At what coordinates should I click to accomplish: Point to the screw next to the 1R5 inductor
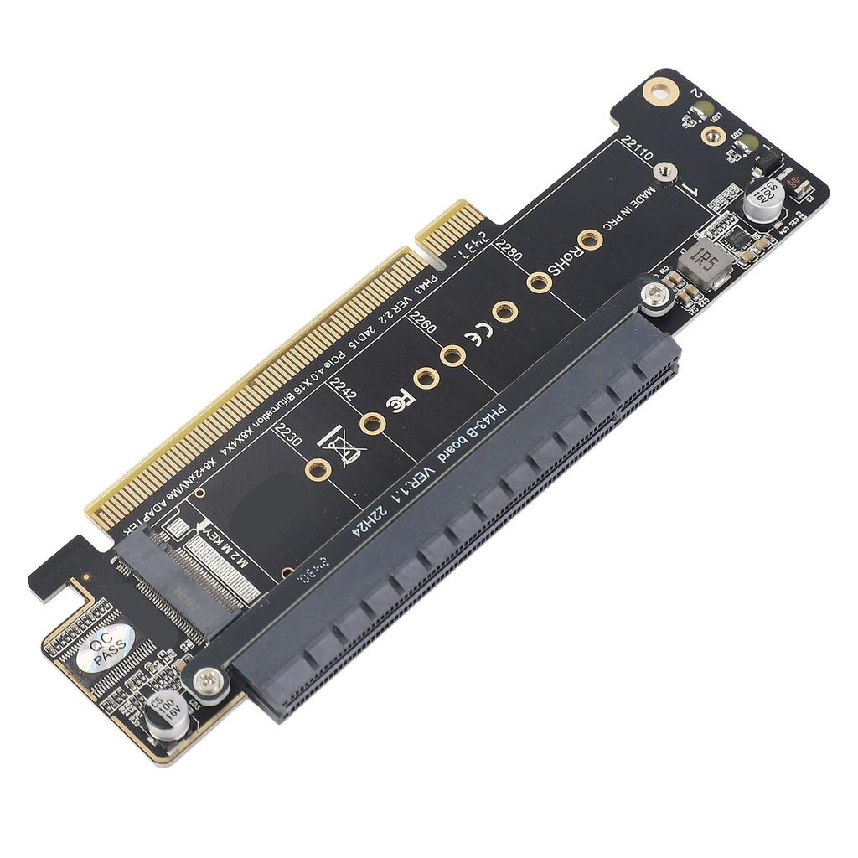[656, 294]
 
